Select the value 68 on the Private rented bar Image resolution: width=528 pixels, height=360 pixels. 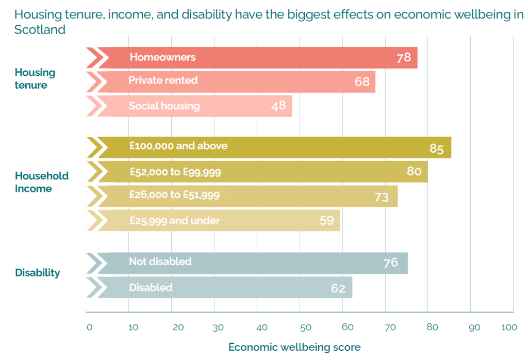[x=362, y=81]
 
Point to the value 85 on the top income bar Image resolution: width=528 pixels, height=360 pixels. [x=436, y=149]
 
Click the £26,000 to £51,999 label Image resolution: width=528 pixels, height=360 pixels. [x=175, y=195]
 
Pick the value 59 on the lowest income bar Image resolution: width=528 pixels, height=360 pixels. [x=327, y=221]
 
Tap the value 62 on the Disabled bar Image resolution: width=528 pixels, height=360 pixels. [x=338, y=288]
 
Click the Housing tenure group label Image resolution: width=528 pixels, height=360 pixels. [x=35, y=78]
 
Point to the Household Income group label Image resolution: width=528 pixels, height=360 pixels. [x=42, y=182]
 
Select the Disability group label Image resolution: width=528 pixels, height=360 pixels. [x=38, y=272]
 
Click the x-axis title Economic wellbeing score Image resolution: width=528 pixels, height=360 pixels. [x=294, y=347]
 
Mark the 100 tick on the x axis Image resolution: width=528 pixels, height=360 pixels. [x=508, y=327]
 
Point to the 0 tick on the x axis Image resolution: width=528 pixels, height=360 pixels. [x=89, y=327]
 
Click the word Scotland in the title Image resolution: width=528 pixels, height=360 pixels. [x=40, y=29]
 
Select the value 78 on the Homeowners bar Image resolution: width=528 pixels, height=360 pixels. [x=404, y=57]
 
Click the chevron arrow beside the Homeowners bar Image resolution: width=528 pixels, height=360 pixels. [x=95, y=57]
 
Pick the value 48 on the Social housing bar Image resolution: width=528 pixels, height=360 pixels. [x=279, y=106]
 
